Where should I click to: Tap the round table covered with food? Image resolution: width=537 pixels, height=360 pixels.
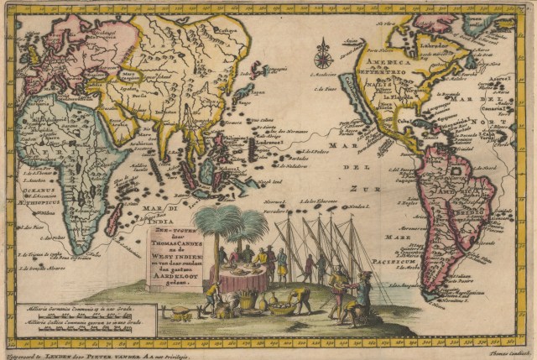pos(244,276)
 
